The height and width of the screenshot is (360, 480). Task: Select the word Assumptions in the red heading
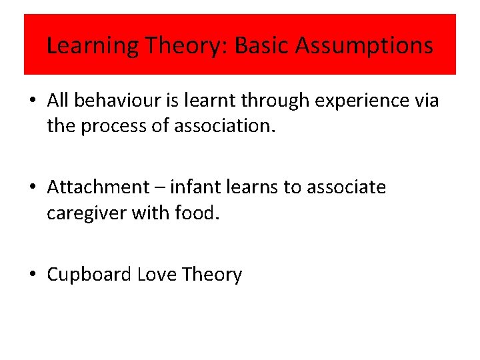coord(364,45)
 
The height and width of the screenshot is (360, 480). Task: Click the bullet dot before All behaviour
coord(32,101)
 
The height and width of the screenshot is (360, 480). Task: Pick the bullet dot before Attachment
coord(32,188)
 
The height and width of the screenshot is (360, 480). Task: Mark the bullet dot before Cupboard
coord(32,275)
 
